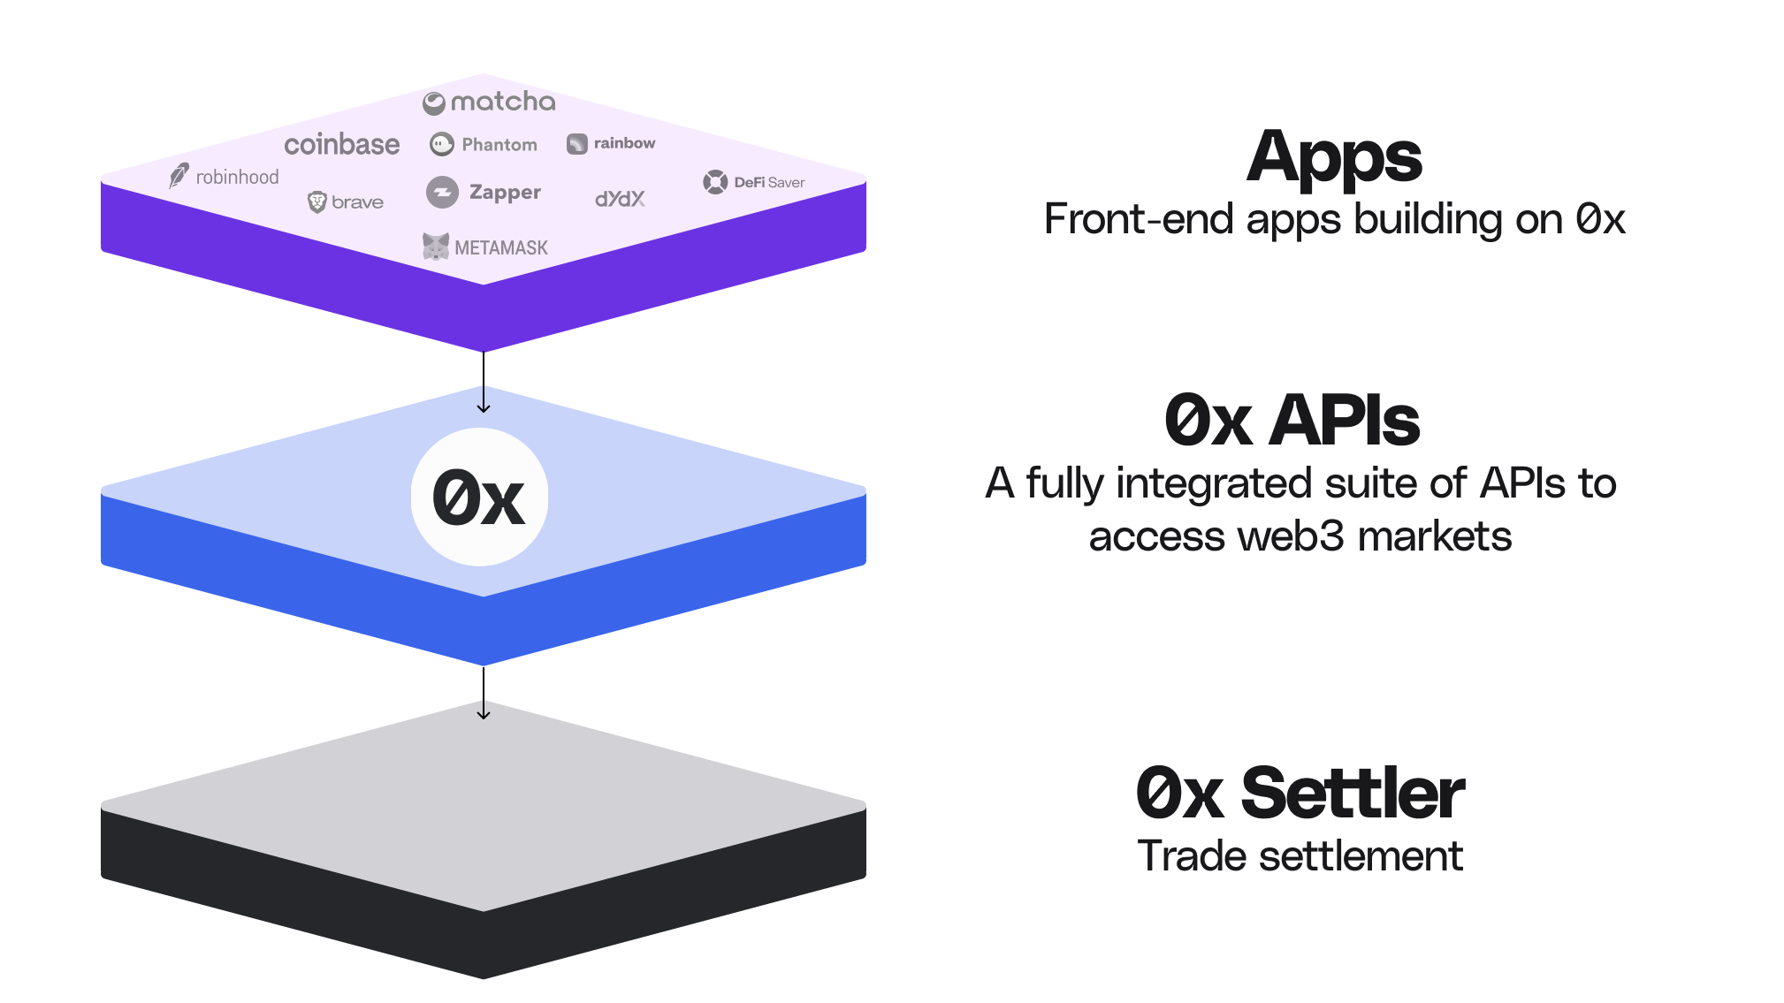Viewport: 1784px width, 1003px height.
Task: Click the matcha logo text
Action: coord(502,103)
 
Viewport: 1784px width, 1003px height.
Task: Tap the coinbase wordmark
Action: coord(341,144)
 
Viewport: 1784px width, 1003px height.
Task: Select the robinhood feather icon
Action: coord(179,175)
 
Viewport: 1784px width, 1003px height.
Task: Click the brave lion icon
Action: coord(316,202)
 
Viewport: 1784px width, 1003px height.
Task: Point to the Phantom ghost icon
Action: coord(442,144)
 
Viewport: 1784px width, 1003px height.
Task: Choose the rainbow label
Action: coord(624,143)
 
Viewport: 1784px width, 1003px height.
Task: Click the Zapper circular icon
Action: coord(442,192)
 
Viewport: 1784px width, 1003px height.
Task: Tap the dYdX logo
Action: coord(620,199)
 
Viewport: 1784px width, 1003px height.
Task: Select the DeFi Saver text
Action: coord(769,182)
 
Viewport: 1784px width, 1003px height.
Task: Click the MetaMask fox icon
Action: coord(436,247)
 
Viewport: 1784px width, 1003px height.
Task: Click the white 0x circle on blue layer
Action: coord(479,498)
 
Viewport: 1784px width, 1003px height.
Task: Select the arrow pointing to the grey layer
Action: coord(484,694)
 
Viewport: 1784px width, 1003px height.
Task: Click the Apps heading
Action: coord(1334,157)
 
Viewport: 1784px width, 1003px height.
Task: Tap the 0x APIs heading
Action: coord(1292,421)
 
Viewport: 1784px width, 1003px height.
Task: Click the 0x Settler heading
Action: coord(1300,793)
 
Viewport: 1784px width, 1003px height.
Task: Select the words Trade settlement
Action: coord(1300,856)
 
